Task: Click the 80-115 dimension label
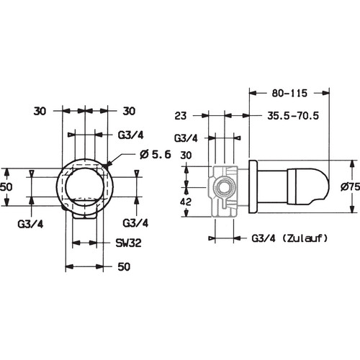pyautogui.click(x=289, y=93)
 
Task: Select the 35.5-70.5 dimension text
pyautogui.click(x=293, y=116)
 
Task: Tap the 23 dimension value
pyautogui.click(x=181, y=116)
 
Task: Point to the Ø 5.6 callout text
pyautogui.click(x=155, y=154)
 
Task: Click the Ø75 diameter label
pyautogui.click(x=350, y=186)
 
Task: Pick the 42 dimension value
pyautogui.click(x=186, y=202)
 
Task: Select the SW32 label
pyautogui.click(x=128, y=243)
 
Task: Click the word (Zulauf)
pyautogui.click(x=305, y=238)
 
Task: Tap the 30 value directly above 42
pyautogui.click(x=186, y=156)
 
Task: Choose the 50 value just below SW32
pyautogui.click(x=124, y=266)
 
